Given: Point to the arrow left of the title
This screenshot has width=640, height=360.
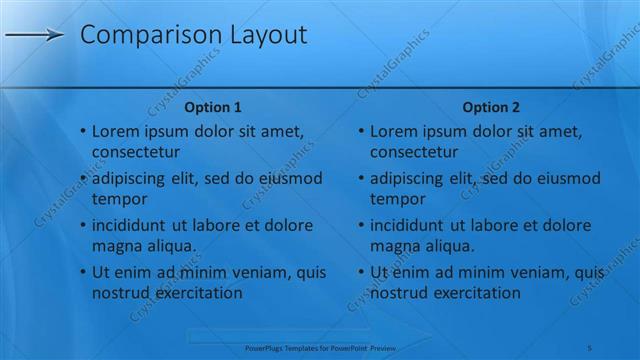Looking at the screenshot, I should click(34, 36).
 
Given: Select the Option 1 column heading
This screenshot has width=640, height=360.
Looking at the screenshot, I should click(213, 107).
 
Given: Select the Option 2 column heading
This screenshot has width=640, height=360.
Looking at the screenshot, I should click(491, 107).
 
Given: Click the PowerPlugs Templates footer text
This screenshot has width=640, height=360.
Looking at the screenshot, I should click(321, 347).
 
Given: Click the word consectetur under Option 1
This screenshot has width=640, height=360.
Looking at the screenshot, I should click(136, 153).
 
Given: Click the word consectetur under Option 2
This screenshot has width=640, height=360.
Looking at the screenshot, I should click(414, 153).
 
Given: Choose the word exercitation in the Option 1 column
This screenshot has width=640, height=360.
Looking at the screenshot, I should click(196, 293).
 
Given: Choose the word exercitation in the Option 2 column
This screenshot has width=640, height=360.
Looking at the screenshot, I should click(474, 293).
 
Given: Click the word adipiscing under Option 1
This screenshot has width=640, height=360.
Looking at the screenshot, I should click(130, 178).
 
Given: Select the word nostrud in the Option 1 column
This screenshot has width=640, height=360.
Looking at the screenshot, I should click(120, 293).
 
